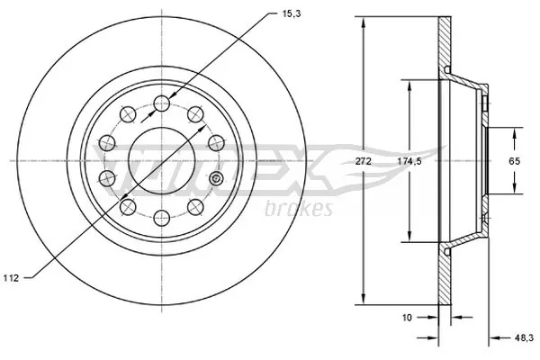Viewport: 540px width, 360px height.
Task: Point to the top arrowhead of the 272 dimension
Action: coord(364,22)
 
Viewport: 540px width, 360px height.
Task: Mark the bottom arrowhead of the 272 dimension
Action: coord(364,301)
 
